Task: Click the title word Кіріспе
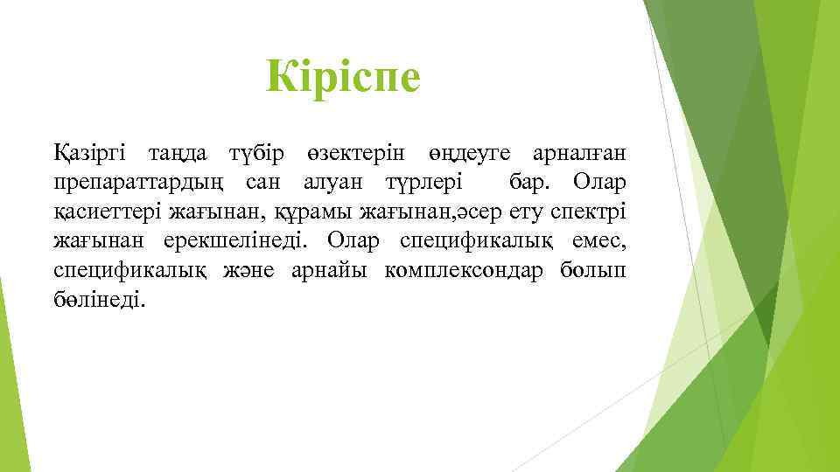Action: point(344,77)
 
